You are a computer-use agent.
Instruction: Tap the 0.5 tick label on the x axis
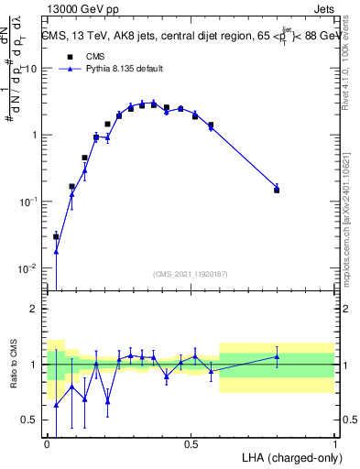[x=191, y=442]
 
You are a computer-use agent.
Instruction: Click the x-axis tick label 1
[x=334, y=442]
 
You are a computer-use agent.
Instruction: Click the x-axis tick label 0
[x=48, y=442]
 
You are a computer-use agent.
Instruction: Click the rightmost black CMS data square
[x=277, y=190]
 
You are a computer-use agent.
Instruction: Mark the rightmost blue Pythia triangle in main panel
[x=277, y=186]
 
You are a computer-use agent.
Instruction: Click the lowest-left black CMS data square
[x=56, y=236]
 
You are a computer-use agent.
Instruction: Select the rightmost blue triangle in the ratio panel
[x=277, y=356]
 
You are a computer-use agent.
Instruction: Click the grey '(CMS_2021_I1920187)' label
[x=191, y=274]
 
